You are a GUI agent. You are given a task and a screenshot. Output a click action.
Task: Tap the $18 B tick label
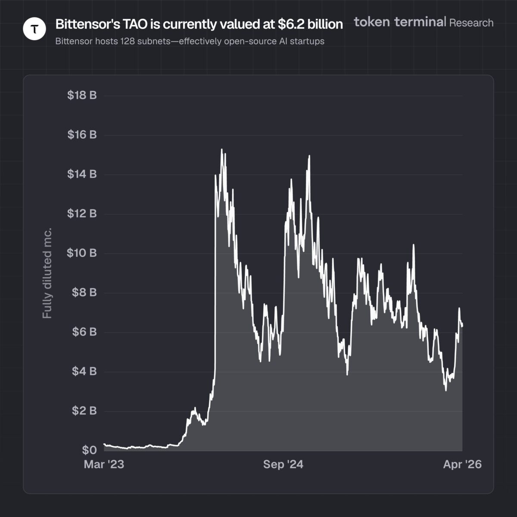coord(81,95)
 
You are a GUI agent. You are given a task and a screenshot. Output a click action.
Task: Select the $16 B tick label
coord(81,135)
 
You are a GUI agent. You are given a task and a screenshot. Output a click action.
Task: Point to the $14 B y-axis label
coord(81,174)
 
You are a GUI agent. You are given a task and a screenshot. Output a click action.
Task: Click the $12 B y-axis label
coord(81,214)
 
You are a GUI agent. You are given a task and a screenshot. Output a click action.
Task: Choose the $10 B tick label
coord(81,253)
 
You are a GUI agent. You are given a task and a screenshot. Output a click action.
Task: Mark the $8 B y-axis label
coord(84,293)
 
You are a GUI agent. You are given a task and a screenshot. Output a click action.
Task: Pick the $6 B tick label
coord(84,332)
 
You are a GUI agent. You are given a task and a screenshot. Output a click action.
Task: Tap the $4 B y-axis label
coord(84,371)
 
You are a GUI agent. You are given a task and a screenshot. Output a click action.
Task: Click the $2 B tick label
coord(84,411)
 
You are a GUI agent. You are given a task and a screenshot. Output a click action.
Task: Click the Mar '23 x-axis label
coord(104,464)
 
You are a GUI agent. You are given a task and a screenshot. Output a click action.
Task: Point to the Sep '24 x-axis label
coord(283,464)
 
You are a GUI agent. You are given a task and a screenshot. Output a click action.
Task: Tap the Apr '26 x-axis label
coord(462,464)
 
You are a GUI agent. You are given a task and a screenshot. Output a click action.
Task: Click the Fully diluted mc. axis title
coord(47,274)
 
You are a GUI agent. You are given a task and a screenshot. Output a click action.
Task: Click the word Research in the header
coord(471,22)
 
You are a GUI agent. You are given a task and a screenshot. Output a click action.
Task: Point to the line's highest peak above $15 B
coord(221,149)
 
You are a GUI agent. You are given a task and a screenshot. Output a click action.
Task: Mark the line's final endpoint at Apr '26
coord(462,326)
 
